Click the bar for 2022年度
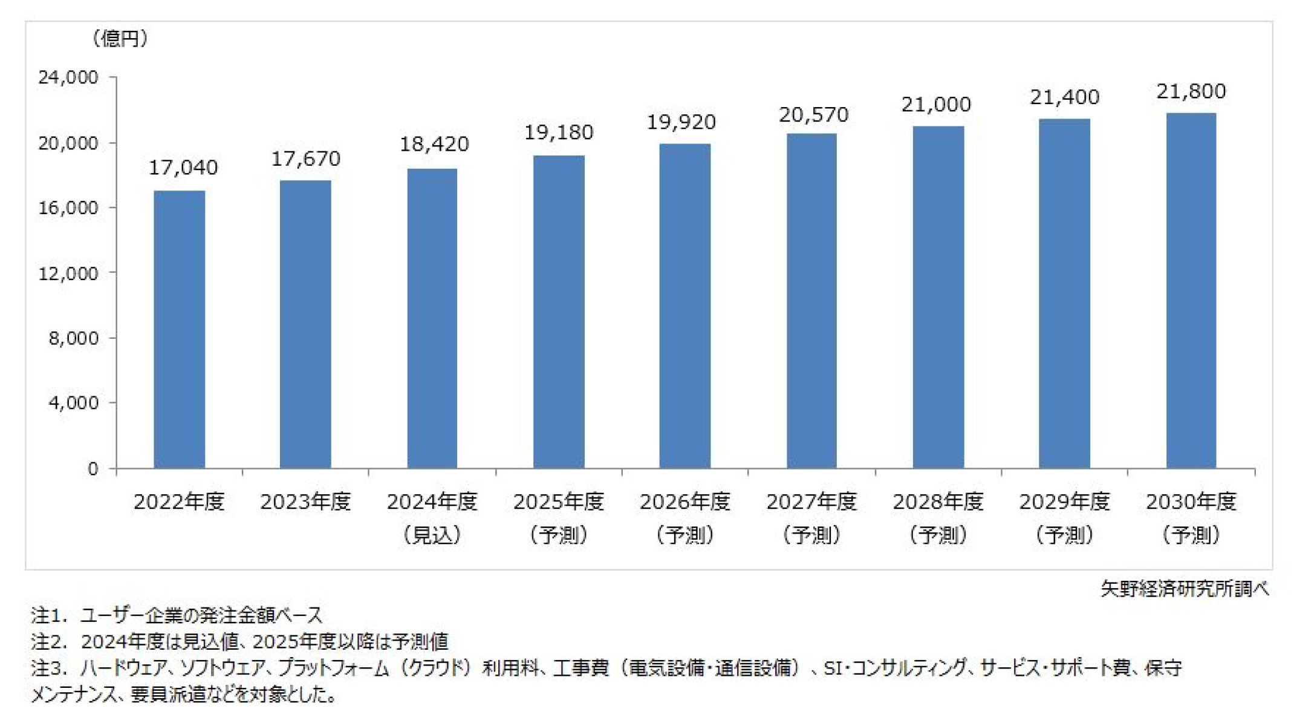(x=179, y=330)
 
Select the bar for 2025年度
(x=559, y=312)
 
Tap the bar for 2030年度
(x=1191, y=290)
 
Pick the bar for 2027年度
(x=811, y=301)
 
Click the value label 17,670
(x=305, y=159)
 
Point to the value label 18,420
(x=434, y=144)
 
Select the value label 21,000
(x=936, y=105)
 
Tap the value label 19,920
(x=681, y=122)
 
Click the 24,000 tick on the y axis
(x=68, y=77)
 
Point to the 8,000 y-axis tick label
(x=73, y=338)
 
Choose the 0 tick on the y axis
(x=93, y=469)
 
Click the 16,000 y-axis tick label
(x=68, y=208)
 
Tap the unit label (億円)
(x=120, y=39)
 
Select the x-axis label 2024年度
(x=432, y=502)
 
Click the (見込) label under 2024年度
(x=432, y=535)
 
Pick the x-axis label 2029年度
(x=1064, y=502)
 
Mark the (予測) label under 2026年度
(x=685, y=535)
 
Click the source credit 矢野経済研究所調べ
(x=1184, y=589)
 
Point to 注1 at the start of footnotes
(x=47, y=615)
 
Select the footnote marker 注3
(x=47, y=668)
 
